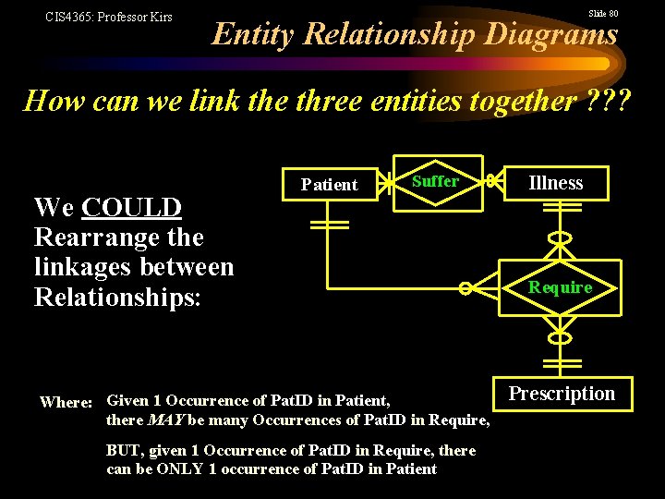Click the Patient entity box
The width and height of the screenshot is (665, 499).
[329, 184]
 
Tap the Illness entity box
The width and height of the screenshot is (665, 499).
[555, 183]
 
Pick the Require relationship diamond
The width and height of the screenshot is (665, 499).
[560, 287]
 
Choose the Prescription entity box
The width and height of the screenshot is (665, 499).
[562, 394]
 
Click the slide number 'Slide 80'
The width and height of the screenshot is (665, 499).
[602, 14]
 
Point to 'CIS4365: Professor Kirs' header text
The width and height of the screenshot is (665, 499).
[109, 17]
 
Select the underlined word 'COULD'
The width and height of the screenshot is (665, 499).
[132, 207]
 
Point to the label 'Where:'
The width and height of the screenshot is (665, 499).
[66, 402]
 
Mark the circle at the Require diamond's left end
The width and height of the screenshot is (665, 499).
[467, 288]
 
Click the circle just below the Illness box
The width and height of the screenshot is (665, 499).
[560, 237]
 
